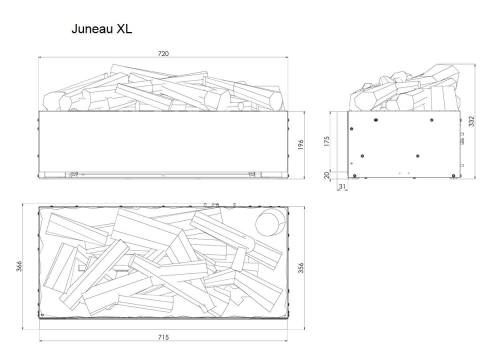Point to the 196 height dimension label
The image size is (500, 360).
(300, 144)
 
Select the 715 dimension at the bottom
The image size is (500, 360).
(163, 336)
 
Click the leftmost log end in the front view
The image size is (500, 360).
(65, 102)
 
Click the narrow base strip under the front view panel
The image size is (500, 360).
(163, 175)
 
